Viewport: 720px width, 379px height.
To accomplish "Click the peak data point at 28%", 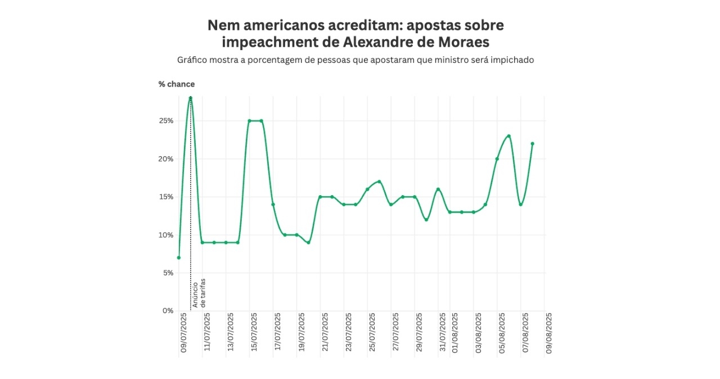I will [191, 98].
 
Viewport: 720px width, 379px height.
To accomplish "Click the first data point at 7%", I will [179, 258].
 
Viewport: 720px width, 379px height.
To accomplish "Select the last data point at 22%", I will [532, 143].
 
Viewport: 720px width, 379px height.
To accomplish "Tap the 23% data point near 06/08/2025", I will [508, 136].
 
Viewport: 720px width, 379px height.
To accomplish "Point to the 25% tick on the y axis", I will [166, 121].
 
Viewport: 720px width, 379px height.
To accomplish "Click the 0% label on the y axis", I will [168, 310].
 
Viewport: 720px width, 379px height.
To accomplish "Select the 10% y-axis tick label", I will [166, 234].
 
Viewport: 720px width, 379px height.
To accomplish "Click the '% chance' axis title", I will [177, 84].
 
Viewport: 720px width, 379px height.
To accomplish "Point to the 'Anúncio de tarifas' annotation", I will [200, 292].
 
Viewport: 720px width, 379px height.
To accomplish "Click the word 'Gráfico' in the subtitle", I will [191, 60].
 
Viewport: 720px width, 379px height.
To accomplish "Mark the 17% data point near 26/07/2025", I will [379, 182].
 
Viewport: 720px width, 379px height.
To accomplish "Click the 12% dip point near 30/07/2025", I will [426, 220].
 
